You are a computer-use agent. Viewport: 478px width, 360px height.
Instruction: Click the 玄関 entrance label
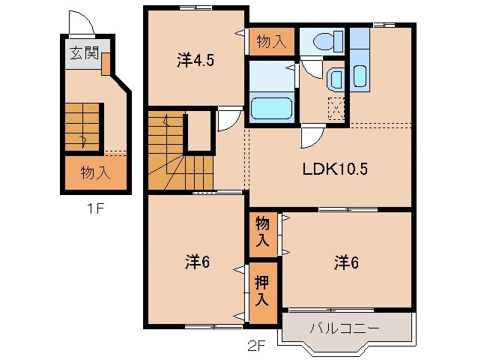(80, 54)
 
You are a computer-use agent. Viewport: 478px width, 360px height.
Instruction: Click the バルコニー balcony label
(345, 328)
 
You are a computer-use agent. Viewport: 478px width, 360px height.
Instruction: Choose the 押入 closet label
(261, 291)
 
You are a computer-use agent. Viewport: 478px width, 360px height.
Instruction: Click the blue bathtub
(270, 106)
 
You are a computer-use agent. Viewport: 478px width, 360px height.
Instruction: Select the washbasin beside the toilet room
(335, 78)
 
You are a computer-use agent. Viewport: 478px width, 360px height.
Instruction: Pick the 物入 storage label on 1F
(95, 172)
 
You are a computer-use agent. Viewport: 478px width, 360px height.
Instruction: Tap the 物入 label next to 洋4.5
(271, 40)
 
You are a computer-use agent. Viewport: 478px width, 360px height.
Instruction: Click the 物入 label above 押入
(261, 232)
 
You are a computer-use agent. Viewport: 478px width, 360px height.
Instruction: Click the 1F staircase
(82, 127)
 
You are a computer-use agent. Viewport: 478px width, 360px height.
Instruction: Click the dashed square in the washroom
(336, 109)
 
